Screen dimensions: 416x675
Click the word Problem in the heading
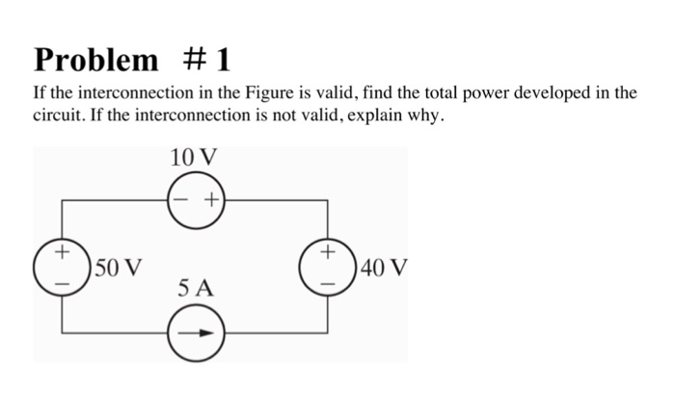96,60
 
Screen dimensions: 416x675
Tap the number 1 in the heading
222,60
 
